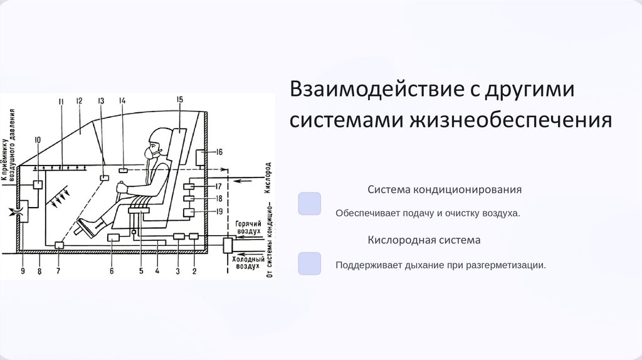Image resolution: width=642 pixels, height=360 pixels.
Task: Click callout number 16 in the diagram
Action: point(219,152)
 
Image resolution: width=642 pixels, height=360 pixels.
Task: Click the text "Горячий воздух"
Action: point(246,227)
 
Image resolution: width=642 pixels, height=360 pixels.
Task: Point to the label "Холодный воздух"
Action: point(246,262)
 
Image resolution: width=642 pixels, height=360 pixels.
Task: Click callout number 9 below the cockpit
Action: point(23,272)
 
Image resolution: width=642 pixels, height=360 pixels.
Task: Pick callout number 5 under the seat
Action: point(141,272)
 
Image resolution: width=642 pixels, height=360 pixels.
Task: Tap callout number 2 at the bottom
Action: point(194,272)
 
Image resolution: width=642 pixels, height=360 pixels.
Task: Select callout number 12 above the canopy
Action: point(80,101)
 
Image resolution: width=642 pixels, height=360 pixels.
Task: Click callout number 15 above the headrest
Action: point(179,100)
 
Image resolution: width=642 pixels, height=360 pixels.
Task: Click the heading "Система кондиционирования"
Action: point(445,189)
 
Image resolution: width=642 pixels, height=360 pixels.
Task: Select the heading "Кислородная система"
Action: point(424,240)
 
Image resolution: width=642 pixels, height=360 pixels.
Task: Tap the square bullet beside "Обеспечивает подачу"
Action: point(310,204)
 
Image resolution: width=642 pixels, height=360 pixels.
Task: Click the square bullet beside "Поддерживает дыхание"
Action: point(310,263)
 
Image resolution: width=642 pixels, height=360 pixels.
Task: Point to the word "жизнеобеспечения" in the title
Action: point(510,119)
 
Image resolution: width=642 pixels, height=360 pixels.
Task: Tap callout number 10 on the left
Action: point(38,140)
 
